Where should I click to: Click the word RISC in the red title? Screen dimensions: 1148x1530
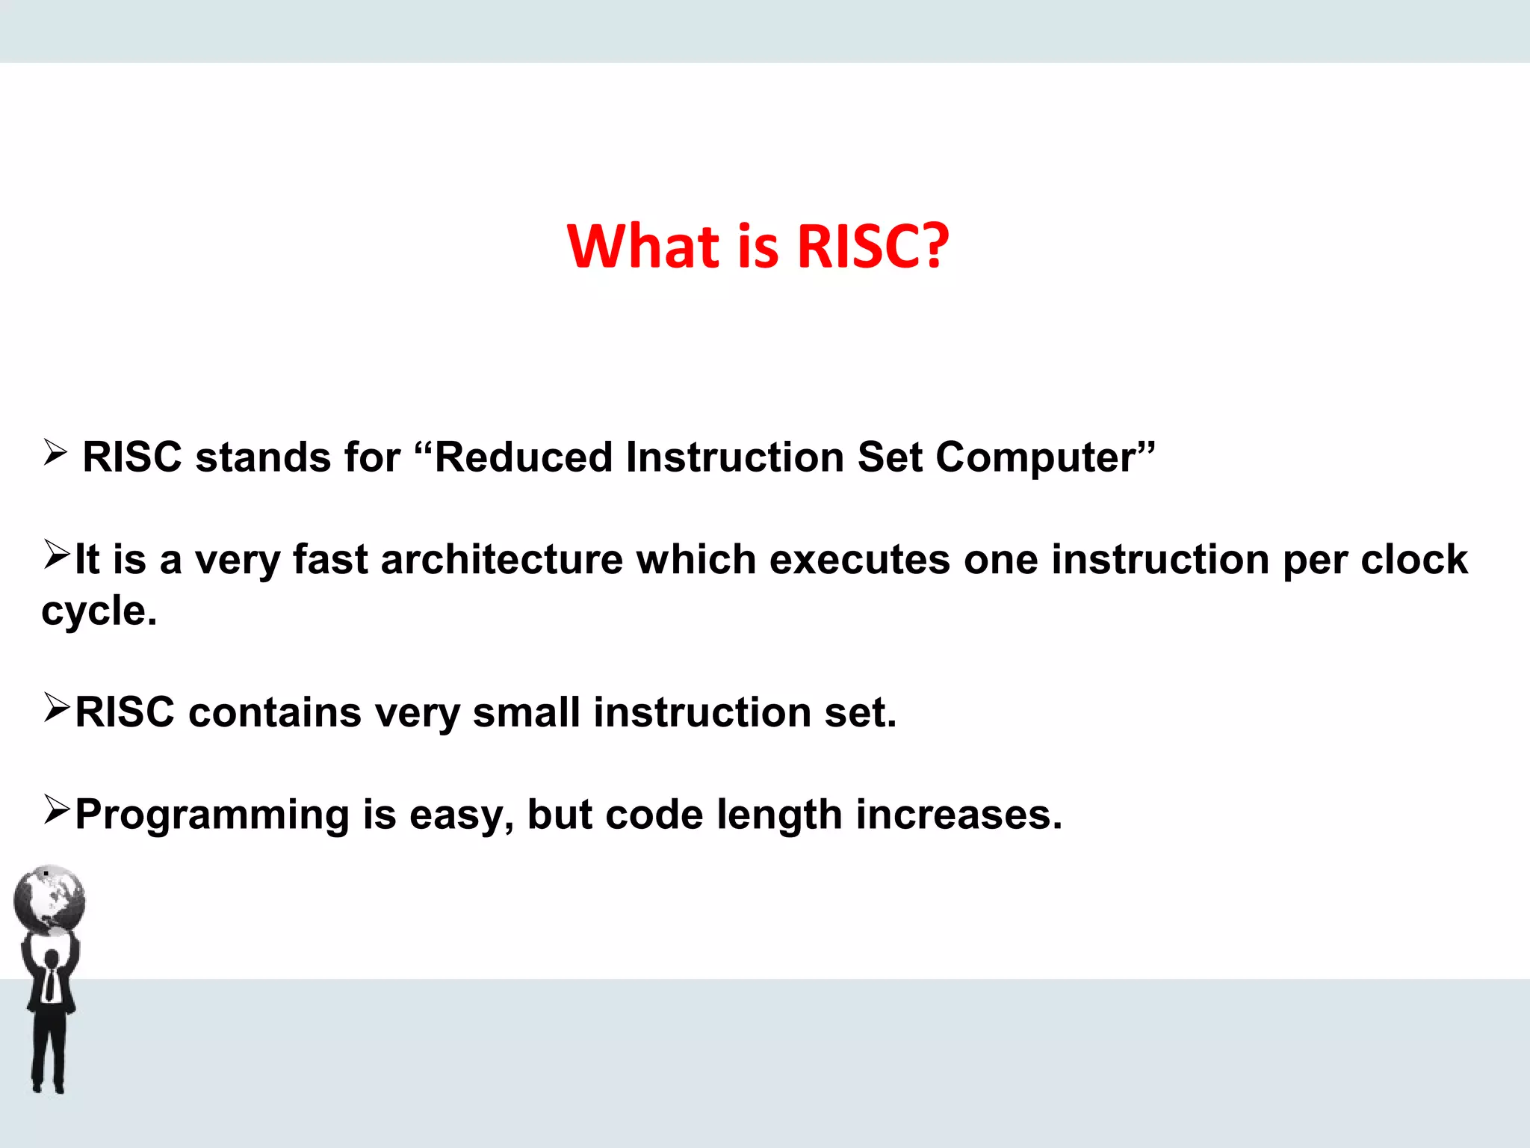[x=859, y=247]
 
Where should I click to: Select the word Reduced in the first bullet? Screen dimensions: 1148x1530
[x=523, y=457]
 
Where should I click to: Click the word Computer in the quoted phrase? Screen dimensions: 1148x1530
[x=1035, y=457]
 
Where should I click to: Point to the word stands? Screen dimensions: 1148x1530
[x=262, y=457]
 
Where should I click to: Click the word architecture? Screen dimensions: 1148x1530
[x=501, y=560]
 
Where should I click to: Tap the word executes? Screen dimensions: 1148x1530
[x=859, y=560]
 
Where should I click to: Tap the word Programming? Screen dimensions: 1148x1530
[x=212, y=815]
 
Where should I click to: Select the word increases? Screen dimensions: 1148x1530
[x=958, y=815]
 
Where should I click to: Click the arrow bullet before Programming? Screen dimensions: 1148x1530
[x=57, y=809]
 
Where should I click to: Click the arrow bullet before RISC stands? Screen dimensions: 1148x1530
[x=55, y=452]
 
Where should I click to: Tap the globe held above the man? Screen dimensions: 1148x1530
[x=49, y=899]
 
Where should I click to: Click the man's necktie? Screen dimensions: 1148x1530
[x=50, y=984]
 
